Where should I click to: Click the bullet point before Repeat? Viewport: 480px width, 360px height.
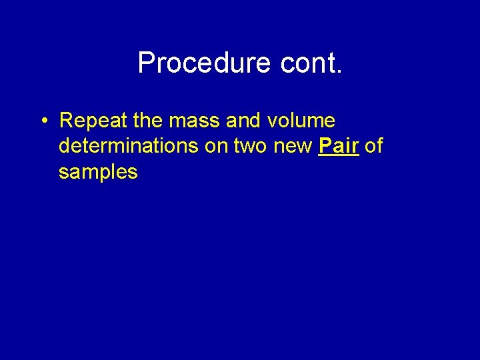(x=43, y=121)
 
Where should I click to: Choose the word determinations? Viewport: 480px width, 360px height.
(x=128, y=147)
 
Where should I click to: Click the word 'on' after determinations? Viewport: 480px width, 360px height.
(x=215, y=147)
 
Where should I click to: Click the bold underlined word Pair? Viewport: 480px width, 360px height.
(x=339, y=147)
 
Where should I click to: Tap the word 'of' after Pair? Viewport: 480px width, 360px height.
(x=374, y=147)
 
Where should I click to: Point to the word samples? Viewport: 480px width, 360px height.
(x=98, y=172)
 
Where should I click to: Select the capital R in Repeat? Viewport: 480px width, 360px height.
(x=66, y=121)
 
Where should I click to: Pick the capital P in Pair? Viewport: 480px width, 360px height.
(x=325, y=147)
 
